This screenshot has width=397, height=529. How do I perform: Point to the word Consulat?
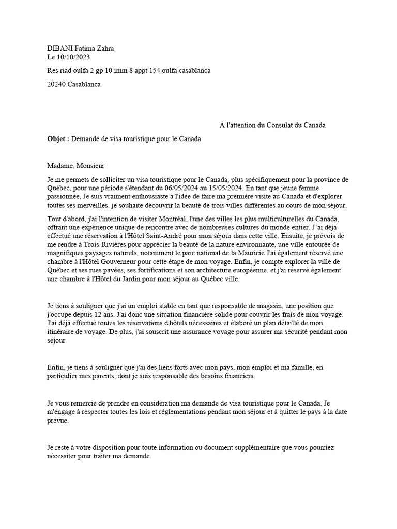[282, 125]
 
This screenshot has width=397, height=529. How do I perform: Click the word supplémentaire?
[264, 447]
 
